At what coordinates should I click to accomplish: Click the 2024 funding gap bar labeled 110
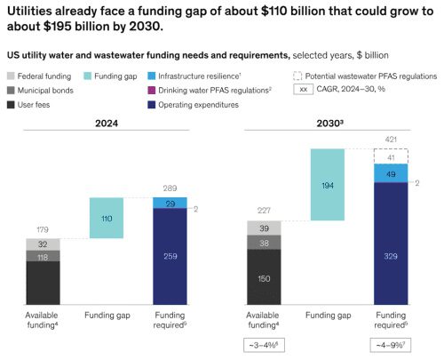pyautogui.click(x=107, y=218)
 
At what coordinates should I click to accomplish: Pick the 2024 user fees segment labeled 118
pyautogui.click(x=42, y=283)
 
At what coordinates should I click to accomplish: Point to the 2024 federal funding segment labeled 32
pyautogui.click(x=42, y=244)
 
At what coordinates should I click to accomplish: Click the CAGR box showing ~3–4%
pyautogui.click(x=265, y=344)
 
